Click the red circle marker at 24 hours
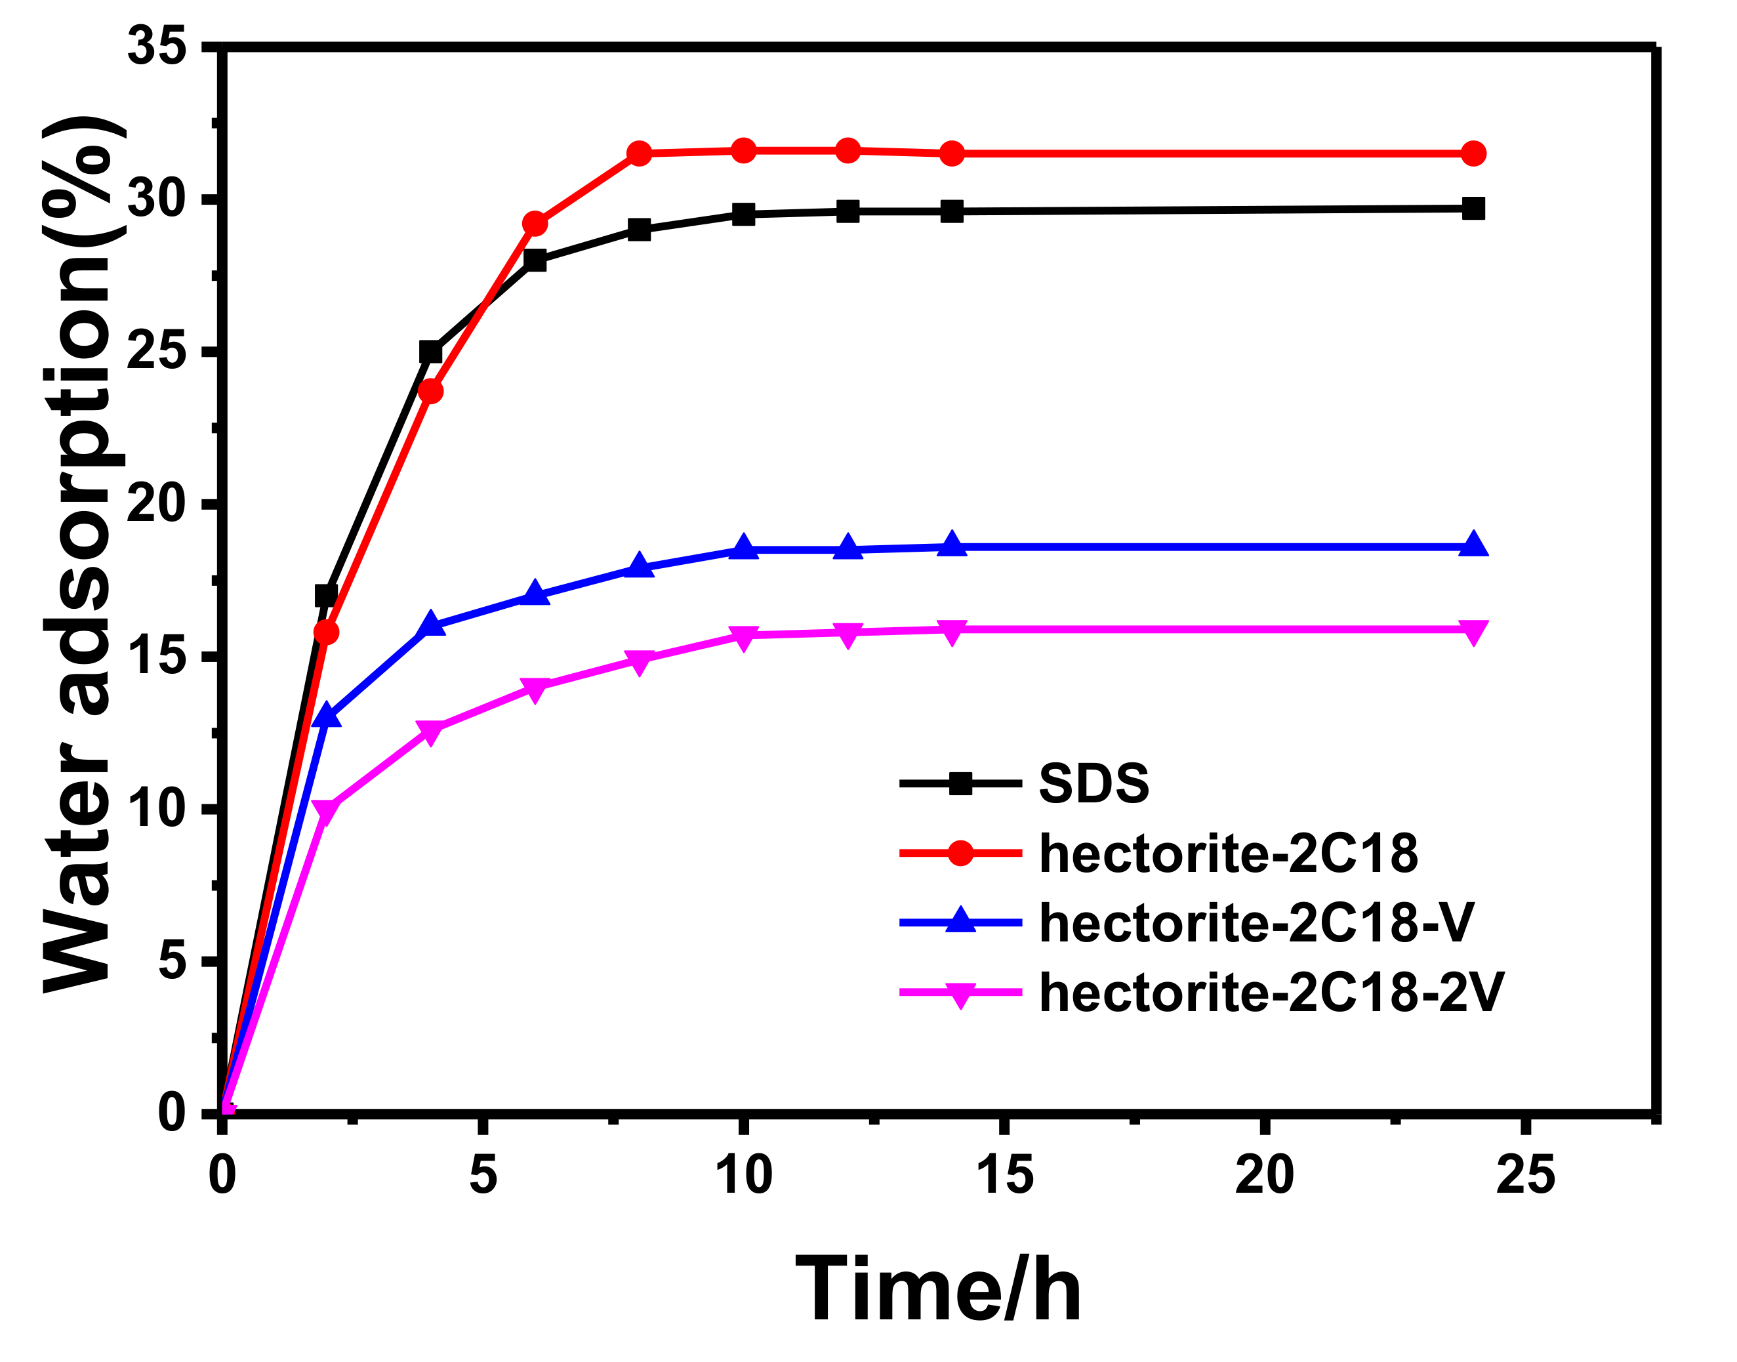1473,153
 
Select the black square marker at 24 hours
1473,209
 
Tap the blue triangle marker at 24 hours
1473,545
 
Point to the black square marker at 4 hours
430,352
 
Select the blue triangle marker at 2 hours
326,715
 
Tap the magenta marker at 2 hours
325,810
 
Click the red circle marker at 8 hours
640,153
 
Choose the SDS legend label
1093,783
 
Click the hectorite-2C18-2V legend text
1271,993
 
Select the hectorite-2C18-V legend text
1256,922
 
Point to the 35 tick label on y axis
157,45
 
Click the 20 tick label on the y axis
157,503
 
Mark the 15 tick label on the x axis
1004,1176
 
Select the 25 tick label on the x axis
1525,1176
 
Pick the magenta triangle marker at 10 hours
743,637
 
